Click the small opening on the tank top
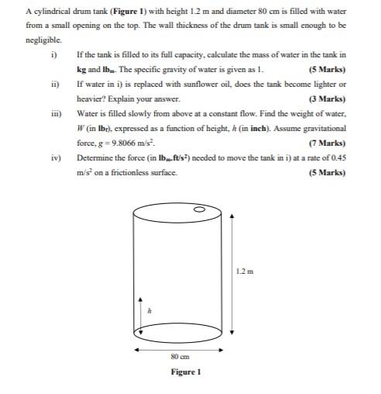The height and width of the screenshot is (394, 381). click(198, 209)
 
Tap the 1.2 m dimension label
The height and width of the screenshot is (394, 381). click(244, 271)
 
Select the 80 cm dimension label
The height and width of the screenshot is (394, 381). click(179, 357)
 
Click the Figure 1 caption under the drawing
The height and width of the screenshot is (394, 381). click(186, 372)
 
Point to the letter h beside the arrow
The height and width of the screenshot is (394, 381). click(149, 310)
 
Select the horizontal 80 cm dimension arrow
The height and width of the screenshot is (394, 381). click(180, 349)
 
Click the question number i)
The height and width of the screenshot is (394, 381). click(53, 55)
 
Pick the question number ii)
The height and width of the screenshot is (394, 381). click(53, 84)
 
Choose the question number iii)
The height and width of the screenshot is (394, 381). click(54, 113)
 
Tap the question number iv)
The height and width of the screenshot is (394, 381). click(54, 157)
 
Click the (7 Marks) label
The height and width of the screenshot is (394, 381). click(326, 143)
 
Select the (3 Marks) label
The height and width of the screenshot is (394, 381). click(326, 98)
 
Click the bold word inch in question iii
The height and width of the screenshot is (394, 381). click(257, 128)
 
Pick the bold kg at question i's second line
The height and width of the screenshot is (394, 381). click(81, 70)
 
